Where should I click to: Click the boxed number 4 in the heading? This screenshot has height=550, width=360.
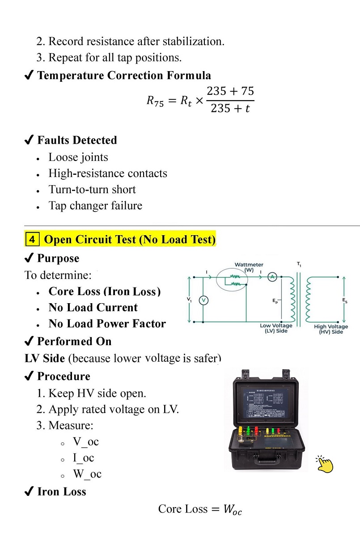click(32, 240)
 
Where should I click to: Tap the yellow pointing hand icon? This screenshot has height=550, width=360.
click(325, 464)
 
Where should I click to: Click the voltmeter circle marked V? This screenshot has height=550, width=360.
click(203, 300)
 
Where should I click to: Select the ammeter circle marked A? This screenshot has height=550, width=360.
click(272, 277)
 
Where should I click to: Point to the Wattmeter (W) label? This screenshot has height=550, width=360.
click(249, 267)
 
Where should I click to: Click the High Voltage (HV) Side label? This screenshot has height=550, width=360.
click(331, 329)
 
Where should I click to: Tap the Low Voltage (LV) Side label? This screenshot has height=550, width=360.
click(276, 328)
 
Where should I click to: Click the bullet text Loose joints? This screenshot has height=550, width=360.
click(78, 157)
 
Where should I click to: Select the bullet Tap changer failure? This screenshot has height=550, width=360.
click(95, 206)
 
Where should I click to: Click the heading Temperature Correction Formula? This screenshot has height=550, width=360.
click(124, 76)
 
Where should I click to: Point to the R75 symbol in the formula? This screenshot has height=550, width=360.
click(156, 101)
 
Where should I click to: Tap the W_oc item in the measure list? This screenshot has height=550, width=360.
click(87, 474)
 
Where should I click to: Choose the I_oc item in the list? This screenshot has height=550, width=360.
click(84, 458)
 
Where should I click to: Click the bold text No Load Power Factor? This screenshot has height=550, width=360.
click(107, 324)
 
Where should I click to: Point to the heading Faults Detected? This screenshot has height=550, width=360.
click(77, 140)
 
